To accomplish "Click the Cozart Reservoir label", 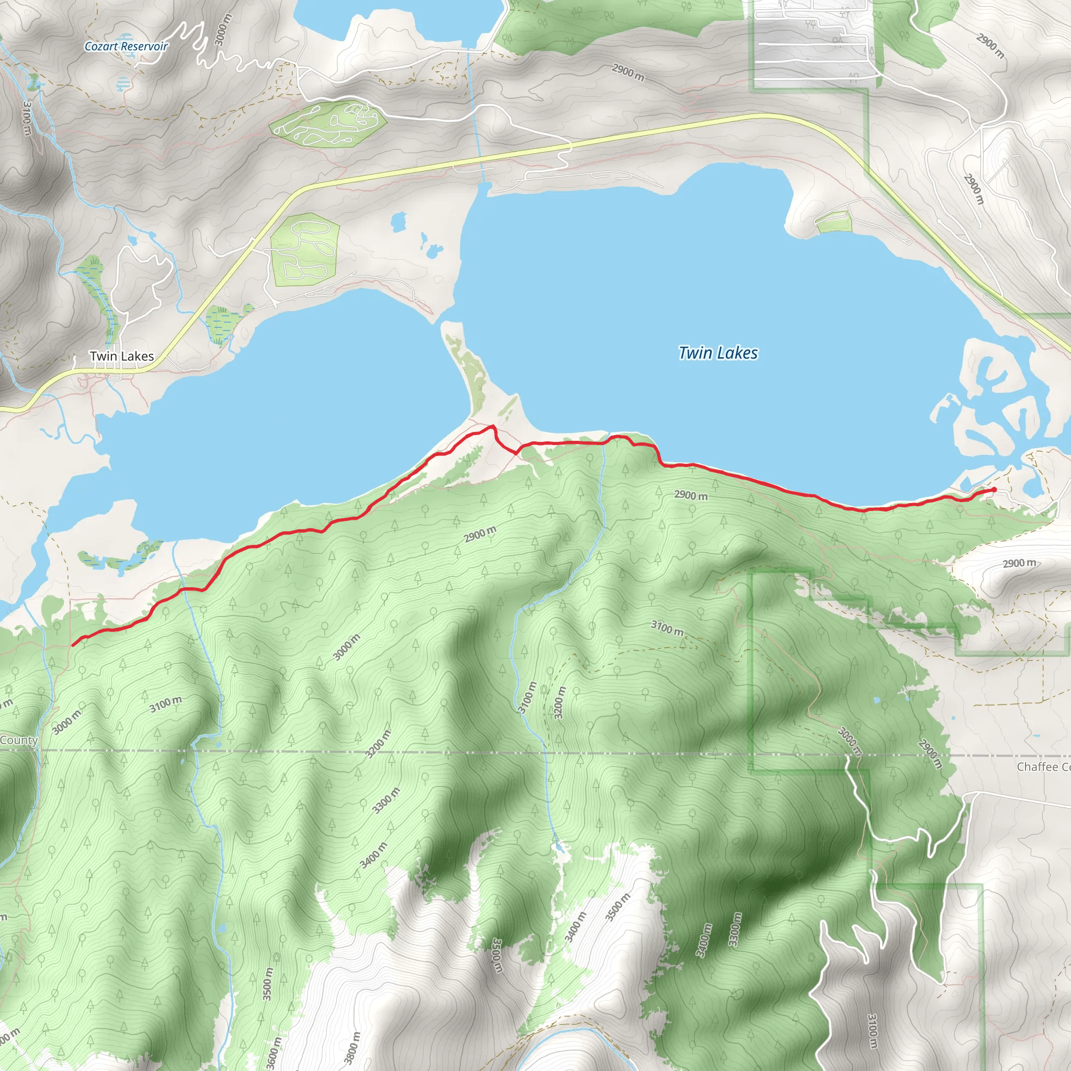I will click(126, 47).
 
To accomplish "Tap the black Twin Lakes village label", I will click(122, 356).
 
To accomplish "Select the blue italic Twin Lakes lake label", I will click(718, 352).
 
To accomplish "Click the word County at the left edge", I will click(19, 740).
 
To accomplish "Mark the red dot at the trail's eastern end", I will click(994, 489).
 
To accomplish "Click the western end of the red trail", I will click(73, 644).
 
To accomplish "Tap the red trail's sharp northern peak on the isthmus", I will click(492, 426).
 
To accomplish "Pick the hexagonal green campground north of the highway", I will click(327, 123).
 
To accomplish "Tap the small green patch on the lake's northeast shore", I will click(834, 223).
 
